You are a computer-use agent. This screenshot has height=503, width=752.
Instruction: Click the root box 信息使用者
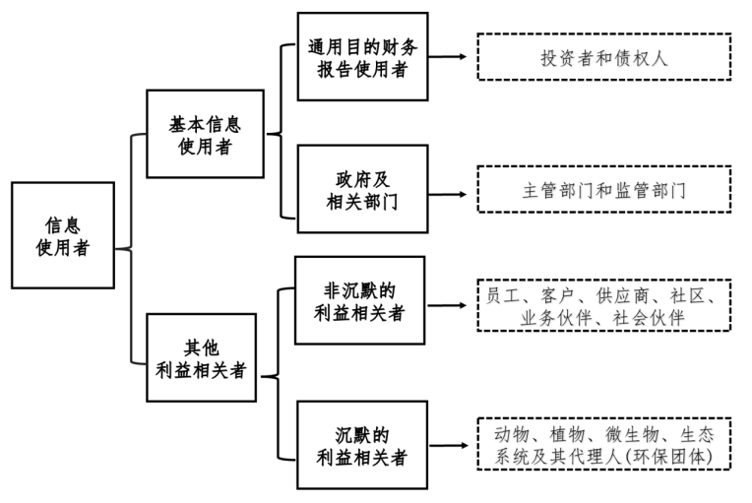(63, 235)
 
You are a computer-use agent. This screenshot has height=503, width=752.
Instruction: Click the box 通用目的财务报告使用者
(362, 56)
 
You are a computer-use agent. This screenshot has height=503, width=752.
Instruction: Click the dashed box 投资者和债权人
(603, 57)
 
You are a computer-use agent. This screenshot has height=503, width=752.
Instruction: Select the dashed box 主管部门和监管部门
(603, 190)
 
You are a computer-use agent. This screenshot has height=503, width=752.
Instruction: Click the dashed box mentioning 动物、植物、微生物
(603, 445)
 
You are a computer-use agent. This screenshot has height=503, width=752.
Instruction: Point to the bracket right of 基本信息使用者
(282, 136)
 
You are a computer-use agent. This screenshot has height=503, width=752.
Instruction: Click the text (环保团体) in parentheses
(669, 458)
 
